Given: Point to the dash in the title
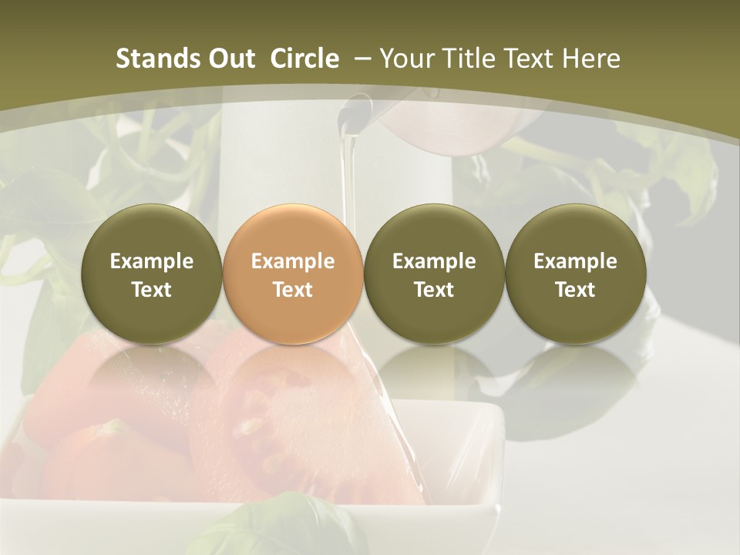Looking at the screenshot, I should pyautogui.click(x=360, y=59).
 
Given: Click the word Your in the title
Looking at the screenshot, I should pyautogui.click(x=405, y=59).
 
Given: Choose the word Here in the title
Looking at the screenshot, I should pyautogui.click(x=592, y=59).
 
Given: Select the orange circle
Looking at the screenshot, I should pyautogui.click(x=293, y=274).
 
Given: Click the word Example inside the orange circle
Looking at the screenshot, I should pyautogui.click(x=293, y=261).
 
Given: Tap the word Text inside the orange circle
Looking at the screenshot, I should pyautogui.click(x=293, y=290).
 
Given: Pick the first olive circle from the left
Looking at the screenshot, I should pyautogui.click(x=152, y=274).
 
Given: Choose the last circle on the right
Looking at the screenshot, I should pyautogui.click(x=575, y=274).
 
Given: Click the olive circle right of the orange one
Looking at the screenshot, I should pyautogui.click(x=434, y=274).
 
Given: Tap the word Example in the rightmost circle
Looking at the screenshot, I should pyautogui.click(x=575, y=261).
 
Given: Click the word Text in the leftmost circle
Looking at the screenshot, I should pyautogui.click(x=152, y=290).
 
